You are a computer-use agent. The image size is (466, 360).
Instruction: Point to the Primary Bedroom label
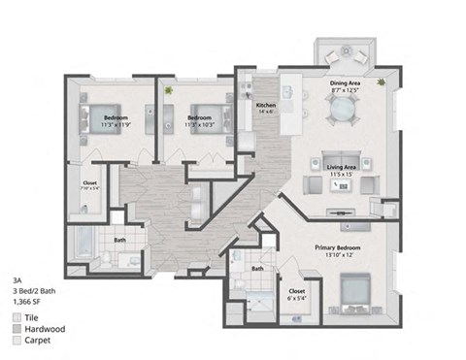point(336,247)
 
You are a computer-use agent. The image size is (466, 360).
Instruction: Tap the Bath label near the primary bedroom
point(258,269)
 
